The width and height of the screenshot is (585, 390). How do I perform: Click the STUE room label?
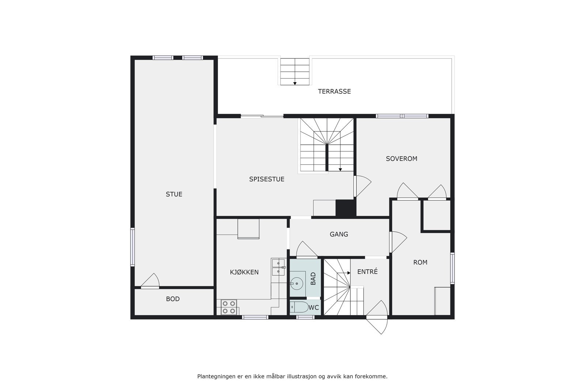click(174, 194)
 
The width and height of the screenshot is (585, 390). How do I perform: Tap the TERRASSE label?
click(334, 91)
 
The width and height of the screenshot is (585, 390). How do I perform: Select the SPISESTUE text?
click(267, 179)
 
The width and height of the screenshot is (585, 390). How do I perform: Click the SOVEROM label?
click(401, 159)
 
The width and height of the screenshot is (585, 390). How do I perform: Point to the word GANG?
click(339, 234)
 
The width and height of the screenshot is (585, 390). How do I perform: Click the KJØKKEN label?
click(244, 272)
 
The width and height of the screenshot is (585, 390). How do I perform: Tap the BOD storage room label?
click(173, 299)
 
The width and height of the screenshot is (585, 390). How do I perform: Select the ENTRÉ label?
click(367, 272)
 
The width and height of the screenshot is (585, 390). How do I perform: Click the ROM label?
click(420, 262)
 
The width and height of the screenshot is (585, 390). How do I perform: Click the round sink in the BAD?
click(297, 283)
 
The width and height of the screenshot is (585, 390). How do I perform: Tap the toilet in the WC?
click(299, 308)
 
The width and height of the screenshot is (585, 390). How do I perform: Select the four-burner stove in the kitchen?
click(229, 307)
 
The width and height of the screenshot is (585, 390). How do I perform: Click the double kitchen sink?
click(278, 267)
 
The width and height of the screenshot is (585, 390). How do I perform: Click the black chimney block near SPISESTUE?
click(345, 208)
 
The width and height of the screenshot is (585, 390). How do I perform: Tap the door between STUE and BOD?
click(150, 282)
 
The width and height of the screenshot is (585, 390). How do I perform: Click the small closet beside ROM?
click(436, 215)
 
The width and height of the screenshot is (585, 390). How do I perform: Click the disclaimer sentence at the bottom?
click(292, 376)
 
